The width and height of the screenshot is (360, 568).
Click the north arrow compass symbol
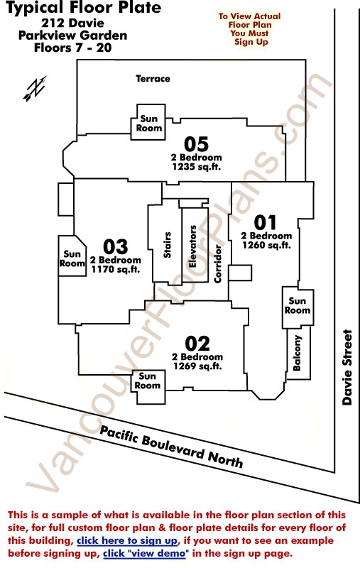point(35,87)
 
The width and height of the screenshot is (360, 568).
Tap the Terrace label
point(153,79)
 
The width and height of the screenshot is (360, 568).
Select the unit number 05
point(196,144)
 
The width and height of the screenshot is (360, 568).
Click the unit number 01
point(265,222)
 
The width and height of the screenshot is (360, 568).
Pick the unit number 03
point(116,246)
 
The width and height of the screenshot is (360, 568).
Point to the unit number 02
point(197,344)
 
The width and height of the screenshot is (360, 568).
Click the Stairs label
point(168,245)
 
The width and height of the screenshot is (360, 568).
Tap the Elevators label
point(192,246)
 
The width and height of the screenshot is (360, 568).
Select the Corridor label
point(218,263)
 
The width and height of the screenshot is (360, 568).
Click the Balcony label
point(297,353)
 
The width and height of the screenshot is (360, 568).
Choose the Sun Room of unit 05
point(148,123)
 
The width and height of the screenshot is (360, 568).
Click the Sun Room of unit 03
point(72,258)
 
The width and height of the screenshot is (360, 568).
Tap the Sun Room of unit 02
point(148,381)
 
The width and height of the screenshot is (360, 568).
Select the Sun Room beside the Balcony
point(298,305)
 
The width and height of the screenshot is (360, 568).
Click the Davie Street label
point(347,367)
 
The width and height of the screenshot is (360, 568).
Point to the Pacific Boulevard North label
point(171,447)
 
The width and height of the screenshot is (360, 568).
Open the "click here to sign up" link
point(128,541)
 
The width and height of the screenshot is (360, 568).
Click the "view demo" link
point(146,554)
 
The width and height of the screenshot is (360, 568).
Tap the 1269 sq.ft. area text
point(197,366)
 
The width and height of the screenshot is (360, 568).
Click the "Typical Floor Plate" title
point(84,8)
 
